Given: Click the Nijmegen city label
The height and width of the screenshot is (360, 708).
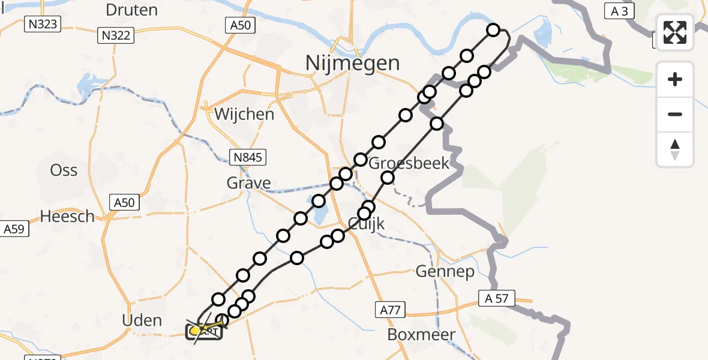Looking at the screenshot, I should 352,62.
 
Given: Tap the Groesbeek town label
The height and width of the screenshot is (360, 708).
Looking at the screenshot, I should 409,163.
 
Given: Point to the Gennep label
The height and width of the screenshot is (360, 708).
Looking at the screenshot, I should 445,272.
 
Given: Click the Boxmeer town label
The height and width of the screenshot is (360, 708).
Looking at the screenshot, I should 421,334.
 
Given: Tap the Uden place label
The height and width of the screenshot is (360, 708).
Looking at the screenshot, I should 142,320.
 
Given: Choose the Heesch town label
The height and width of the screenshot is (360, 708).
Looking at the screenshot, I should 67,216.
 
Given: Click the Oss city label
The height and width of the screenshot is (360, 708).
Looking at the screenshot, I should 64,170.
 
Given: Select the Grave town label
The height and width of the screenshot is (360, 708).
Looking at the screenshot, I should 248,182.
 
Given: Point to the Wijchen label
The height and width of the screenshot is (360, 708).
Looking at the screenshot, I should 244,113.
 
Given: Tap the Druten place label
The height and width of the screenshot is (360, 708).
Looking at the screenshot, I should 131,10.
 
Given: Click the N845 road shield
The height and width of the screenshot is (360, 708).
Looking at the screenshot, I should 248,158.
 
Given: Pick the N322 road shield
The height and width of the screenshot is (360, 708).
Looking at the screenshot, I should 115,36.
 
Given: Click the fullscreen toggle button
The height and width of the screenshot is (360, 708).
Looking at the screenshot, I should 675,32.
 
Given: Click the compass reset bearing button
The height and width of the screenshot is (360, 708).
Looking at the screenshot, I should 675,149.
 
